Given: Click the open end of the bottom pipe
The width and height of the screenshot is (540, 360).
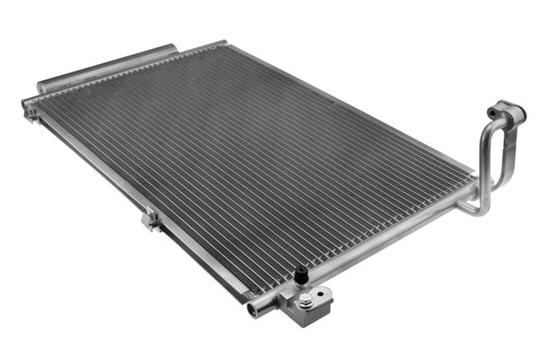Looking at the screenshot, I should tap(251, 309).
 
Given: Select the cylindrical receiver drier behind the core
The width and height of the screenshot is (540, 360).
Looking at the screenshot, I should tap(110, 67).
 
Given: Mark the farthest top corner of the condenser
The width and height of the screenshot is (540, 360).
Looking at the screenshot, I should tap(222, 42).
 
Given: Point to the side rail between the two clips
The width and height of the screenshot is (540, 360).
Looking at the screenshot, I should tap(93, 169).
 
